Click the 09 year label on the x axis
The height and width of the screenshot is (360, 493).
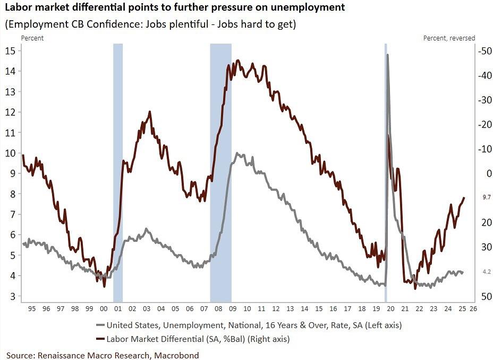tap(232, 308)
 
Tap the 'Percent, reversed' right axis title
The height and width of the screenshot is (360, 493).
tap(449, 38)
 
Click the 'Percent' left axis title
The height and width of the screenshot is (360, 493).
tap(32, 38)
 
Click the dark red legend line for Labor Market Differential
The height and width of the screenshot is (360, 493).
tap(99, 339)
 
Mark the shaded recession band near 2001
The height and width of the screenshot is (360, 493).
tap(118, 170)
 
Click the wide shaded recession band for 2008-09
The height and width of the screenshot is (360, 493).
tap(220, 170)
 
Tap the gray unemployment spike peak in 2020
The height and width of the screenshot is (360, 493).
tap(387, 55)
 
